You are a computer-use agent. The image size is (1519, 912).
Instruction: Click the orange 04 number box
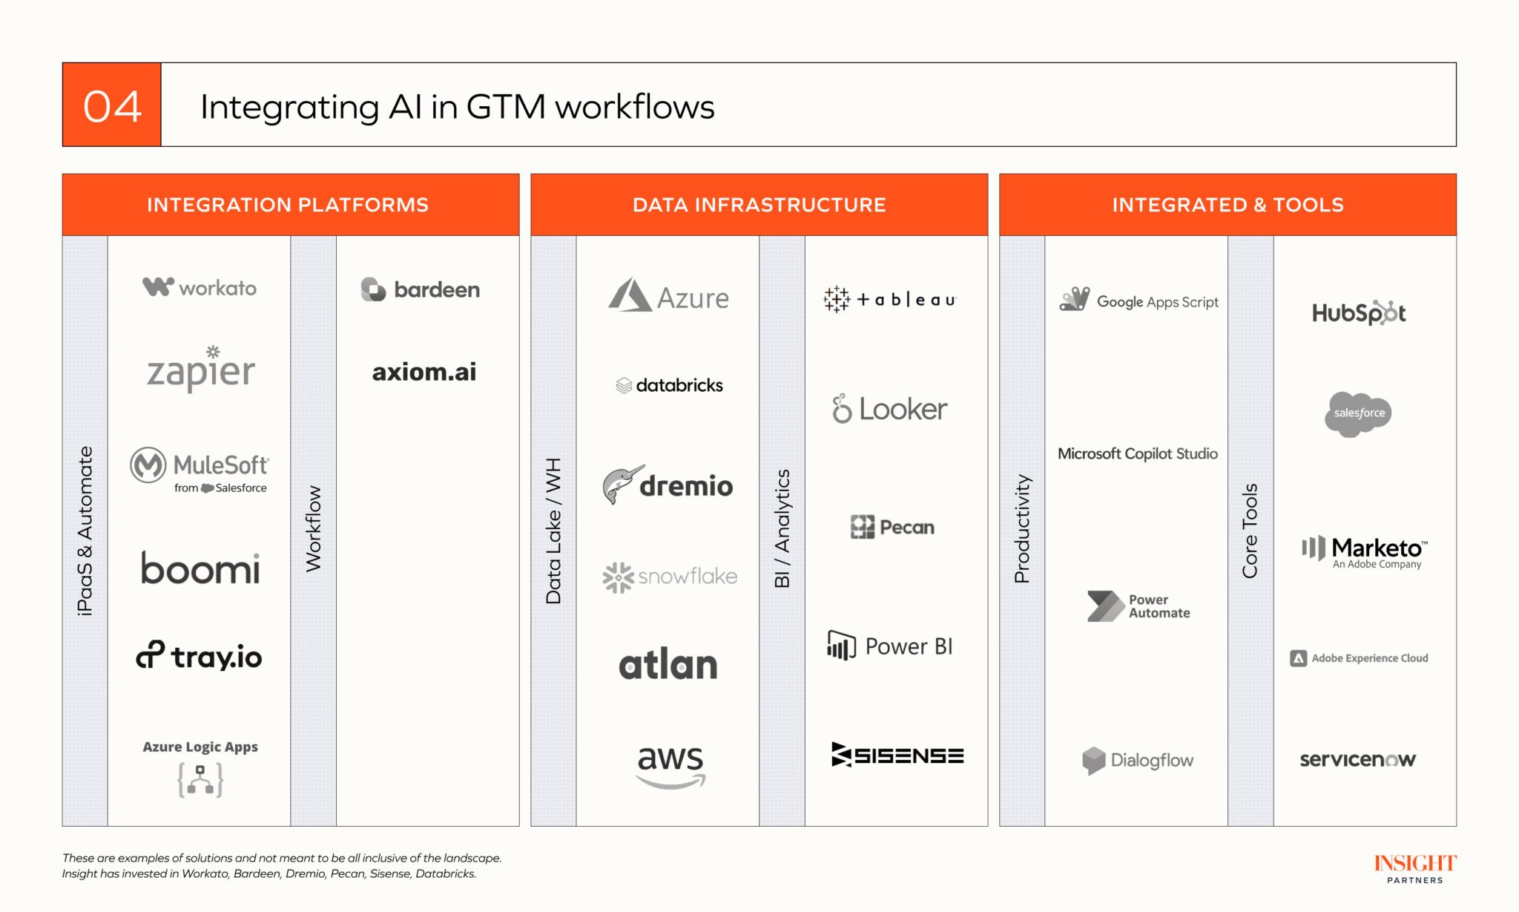pyautogui.click(x=112, y=105)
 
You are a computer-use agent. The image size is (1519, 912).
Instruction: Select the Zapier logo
pyautogui.click(x=201, y=369)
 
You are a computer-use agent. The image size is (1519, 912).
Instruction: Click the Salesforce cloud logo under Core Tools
pyautogui.click(x=1358, y=413)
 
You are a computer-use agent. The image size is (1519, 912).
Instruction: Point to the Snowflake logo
pyautogui.click(x=670, y=577)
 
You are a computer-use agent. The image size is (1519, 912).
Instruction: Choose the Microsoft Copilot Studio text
pyautogui.click(x=1137, y=453)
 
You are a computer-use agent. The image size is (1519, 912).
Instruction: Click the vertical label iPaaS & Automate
pyautogui.click(x=85, y=530)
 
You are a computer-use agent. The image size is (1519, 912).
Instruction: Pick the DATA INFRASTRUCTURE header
pyautogui.click(x=759, y=205)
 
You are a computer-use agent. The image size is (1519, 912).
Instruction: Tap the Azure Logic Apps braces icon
pyautogui.click(x=200, y=780)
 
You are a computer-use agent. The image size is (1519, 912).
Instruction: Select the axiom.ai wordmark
pyautogui.click(x=424, y=372)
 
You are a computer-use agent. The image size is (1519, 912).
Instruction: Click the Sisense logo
pyautogui.click(x=897, y=755)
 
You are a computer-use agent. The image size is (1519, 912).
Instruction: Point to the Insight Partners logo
pyautogui.click(x=1414, y=868)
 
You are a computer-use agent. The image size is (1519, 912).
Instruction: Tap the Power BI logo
pyautogui.click(x=889, y=646)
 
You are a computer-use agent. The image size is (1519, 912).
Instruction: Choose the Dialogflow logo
pyautogui.click(x=1137, y=760)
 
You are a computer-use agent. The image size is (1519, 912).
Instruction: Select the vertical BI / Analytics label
pyautogui.click(x=782, y=528)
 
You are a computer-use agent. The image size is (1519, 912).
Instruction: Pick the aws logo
pyautogui.click(x=670, y=764)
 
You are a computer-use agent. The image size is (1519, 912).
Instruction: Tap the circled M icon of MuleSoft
pyautogui.click(x=148, y=465)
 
